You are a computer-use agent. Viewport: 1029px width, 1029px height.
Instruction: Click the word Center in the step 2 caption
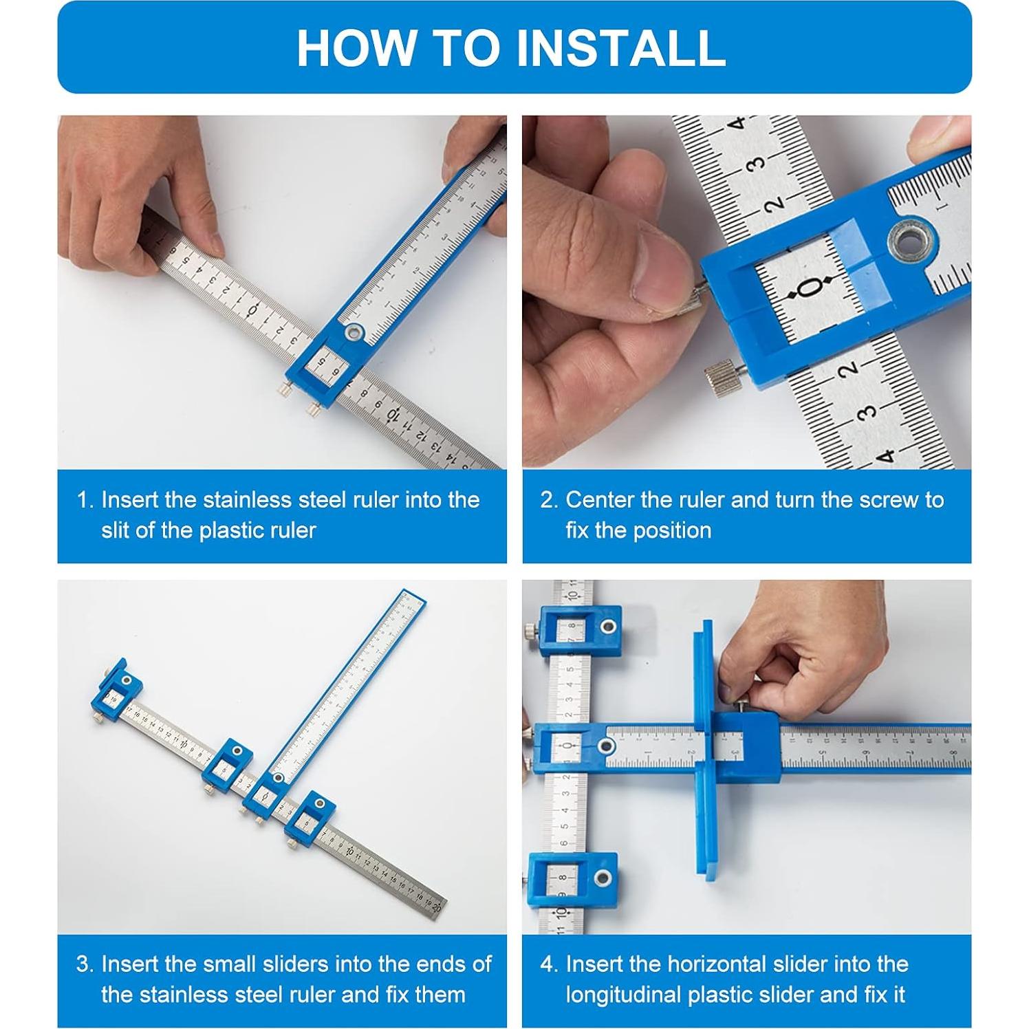[x=600, y=500]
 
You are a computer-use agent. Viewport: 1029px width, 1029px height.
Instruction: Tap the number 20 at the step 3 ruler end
[x=436, y=906]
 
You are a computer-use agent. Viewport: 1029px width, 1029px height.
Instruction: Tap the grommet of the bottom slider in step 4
[x=603, y=878]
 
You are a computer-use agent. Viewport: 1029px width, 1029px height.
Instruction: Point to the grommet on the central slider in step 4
[x=605, y=746]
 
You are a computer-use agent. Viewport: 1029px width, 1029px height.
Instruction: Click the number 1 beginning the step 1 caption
[x=84, y=500]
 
